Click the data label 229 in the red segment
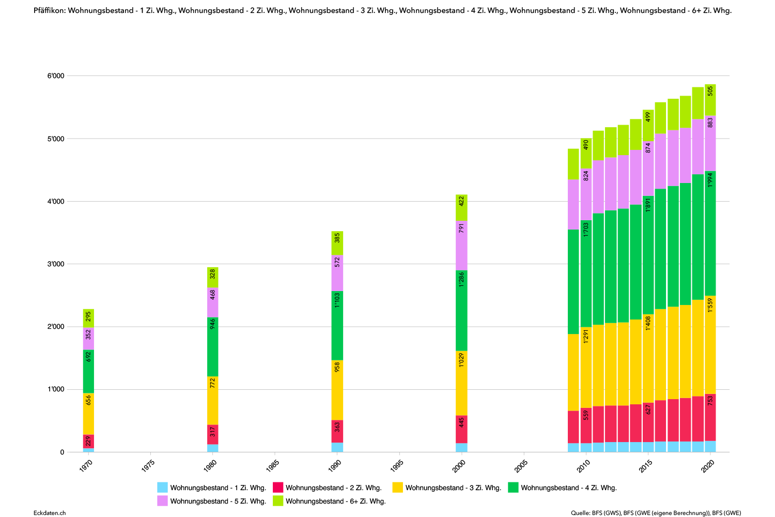tap(88, 441)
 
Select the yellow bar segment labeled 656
tap(88, 414)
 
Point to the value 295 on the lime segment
tap(88, 316)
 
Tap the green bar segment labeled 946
tap(213, 346)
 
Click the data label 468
tap(213, 295)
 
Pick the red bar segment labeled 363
tap(337, 431)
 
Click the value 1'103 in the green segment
tap(337, 300)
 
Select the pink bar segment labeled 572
tap(337, 273)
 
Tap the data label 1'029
tap(462, 360)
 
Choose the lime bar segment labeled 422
tap(462, 208)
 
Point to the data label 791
tap(462, 228)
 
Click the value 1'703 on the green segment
tap(586, 230)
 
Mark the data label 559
tap(586, 415)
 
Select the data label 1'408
tap(648, 323)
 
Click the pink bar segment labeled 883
tap(710, 143)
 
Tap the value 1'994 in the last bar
tap(710, 180)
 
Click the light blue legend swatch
tap(162, 487)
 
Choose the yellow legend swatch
tap(397, 487)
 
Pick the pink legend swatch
tap(162, 500)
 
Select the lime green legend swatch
tap(278, 500)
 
